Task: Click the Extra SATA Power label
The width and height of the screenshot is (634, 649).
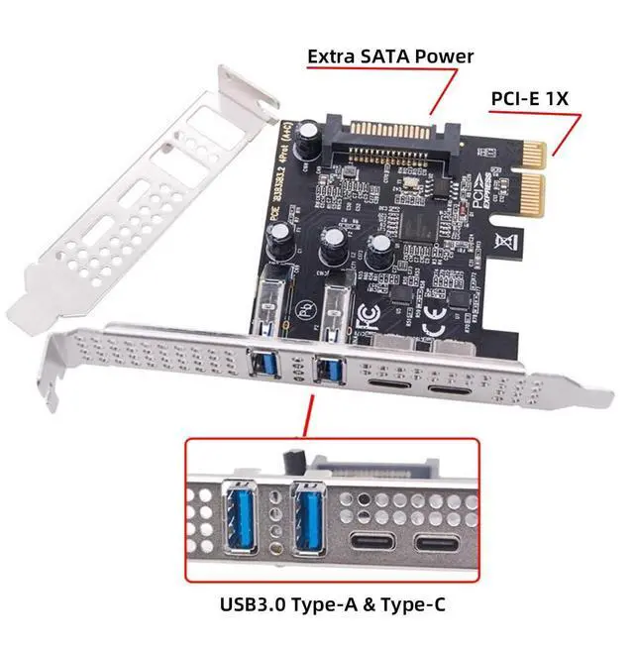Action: [x=390, y=55]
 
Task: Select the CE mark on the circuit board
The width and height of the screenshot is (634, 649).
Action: [x=433, y=326]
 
